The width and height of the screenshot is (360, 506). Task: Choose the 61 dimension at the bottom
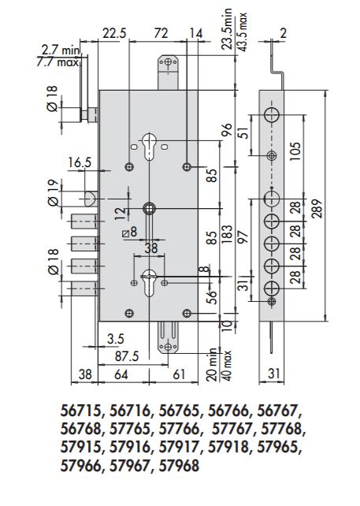tap(177, 374)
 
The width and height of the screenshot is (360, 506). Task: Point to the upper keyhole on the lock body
tap(150, 144)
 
